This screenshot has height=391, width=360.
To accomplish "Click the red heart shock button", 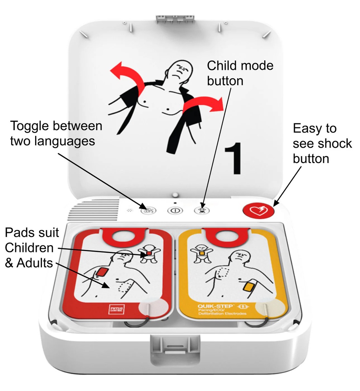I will point(258,210).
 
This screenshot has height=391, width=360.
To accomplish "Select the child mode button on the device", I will point(201,210).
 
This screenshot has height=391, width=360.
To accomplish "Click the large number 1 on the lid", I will point(232,158).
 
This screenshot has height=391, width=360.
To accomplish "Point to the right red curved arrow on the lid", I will point(202,105).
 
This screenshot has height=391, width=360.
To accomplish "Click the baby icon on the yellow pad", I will point(201,253).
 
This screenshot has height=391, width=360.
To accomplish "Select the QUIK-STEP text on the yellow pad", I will point(212,306).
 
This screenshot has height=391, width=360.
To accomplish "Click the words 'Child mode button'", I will point(240,73).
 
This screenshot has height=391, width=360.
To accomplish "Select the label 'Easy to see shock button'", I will point(322,143).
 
